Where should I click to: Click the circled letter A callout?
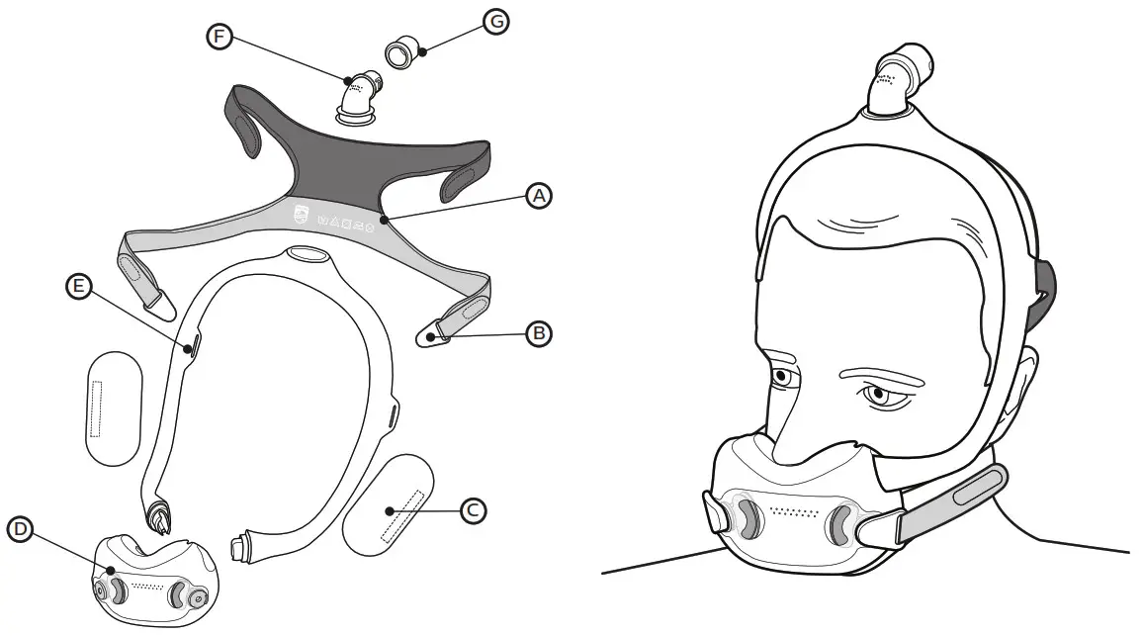click(x=538, y=196)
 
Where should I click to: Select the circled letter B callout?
click(x=538, y=333)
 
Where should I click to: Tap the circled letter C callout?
click(x=474, y=510)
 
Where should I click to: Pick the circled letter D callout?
click(x=20, y=529)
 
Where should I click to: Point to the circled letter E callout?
click(x=78, y=287)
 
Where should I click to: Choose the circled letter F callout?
click(x=220, y=37)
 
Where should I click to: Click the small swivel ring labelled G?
click(x=400, y=52)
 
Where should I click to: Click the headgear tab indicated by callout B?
click(x=434, y=337)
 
